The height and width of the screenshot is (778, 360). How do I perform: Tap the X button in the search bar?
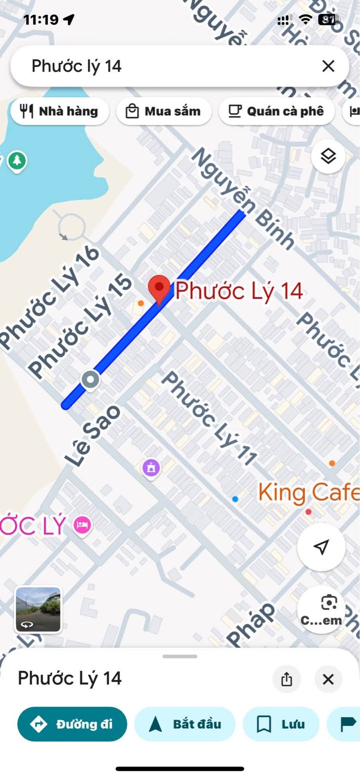coord(328,66)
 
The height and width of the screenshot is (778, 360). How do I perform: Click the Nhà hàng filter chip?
coord(59,111)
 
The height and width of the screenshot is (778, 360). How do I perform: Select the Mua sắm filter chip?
coord(163,111)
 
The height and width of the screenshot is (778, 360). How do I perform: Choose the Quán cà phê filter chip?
coord(276,111)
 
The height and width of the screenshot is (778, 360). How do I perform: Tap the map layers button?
coord(328,156)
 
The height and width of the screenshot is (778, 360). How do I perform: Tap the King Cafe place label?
coord(308,493)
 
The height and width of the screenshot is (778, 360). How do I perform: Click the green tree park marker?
coord(17,161)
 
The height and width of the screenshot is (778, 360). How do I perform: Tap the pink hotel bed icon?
coord(82,525)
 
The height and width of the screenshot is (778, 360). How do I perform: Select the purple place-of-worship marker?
coord(151,468)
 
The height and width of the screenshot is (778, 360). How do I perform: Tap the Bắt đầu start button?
coord(185,724)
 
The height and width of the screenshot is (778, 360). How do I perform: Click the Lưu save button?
coord(280,724)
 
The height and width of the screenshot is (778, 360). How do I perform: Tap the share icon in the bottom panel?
coord(286,679)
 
